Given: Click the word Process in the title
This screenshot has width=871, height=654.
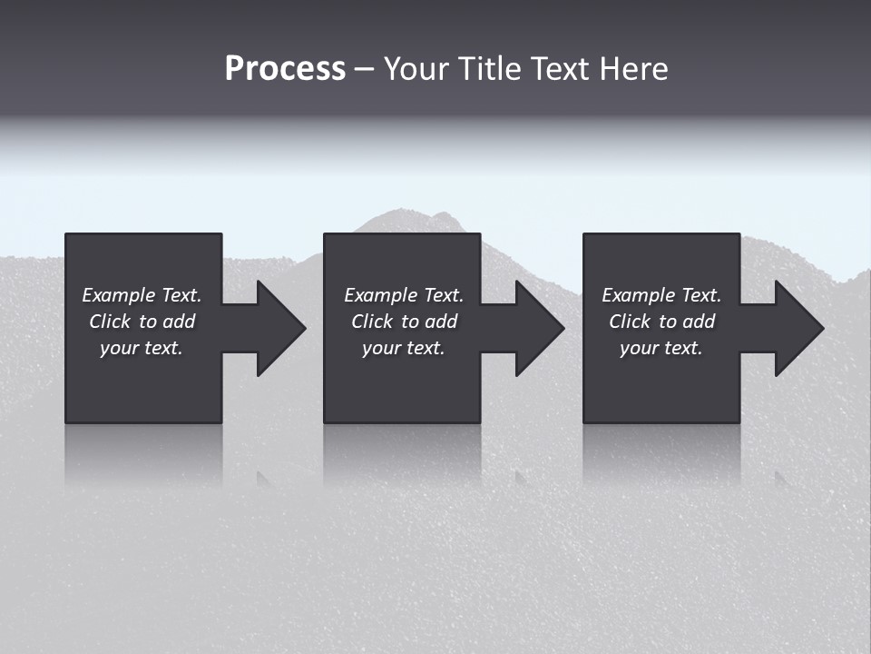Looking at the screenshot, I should click(285, 69).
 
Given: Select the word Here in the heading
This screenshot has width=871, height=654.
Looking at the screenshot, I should click(634, 69).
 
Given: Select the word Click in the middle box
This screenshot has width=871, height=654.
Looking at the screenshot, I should click(372, 322).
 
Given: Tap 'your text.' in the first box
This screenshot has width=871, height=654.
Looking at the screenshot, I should click(142, 348).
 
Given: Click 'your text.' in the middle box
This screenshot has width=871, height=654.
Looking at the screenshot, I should click(403, 348).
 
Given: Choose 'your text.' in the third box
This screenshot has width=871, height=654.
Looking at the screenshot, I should click(661, 348).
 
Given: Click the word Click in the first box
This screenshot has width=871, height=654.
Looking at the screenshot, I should click(110, 322).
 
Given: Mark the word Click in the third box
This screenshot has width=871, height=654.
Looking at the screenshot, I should click(630, 322).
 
